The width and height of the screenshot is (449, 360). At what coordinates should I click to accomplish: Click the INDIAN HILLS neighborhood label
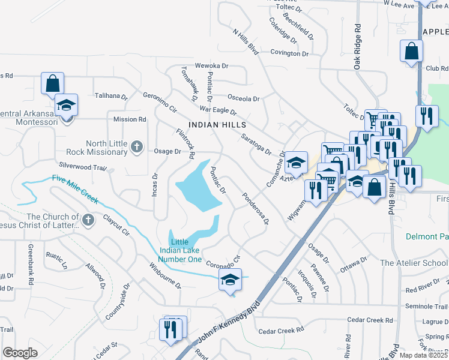(x=217, y=124)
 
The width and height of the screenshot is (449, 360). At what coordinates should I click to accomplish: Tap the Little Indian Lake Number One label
(x=179, y=250)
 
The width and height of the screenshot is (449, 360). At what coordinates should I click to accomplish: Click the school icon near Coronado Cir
(x=230, y=280)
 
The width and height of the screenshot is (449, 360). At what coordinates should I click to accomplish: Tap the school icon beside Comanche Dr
(x=296, y=162)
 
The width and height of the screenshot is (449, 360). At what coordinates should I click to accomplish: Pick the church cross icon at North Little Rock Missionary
(x=137, y=146)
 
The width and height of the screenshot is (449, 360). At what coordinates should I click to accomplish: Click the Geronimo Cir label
(x=160, y=103)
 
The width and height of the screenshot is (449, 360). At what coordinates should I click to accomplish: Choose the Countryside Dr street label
(x=118, y=302)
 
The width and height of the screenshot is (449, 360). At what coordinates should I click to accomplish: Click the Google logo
(x=20, y=353)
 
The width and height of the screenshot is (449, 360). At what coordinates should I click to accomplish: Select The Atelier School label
(x=414, y=263)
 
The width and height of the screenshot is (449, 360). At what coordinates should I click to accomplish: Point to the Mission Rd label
(x=130, y=119)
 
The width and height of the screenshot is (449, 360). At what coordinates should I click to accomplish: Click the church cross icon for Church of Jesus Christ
(x=88, y=220)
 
